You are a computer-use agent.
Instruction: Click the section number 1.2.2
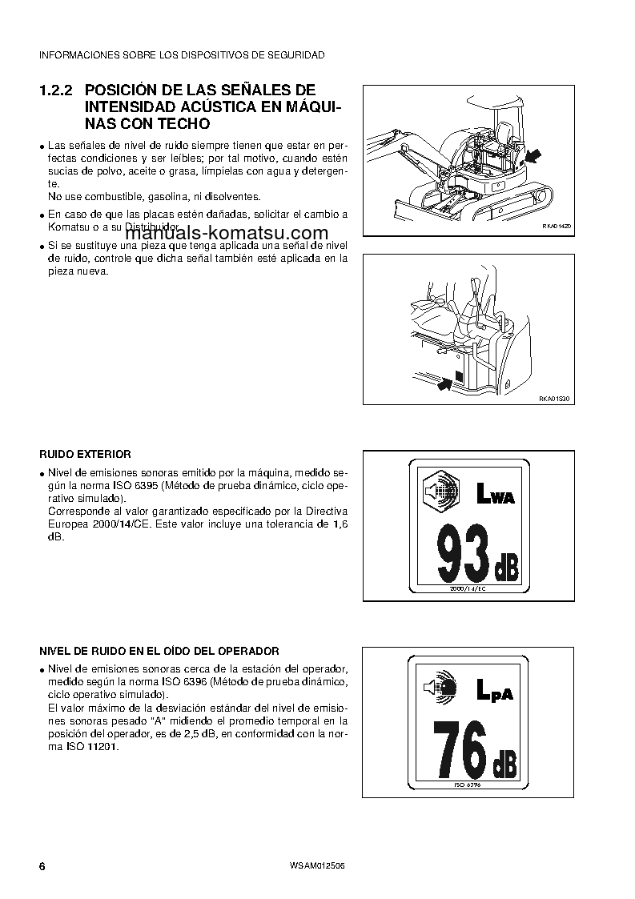[58, 90]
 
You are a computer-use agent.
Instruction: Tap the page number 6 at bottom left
[42, 867]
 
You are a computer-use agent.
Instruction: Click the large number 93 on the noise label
[462, 555]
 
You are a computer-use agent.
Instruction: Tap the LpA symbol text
[494, 689]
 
